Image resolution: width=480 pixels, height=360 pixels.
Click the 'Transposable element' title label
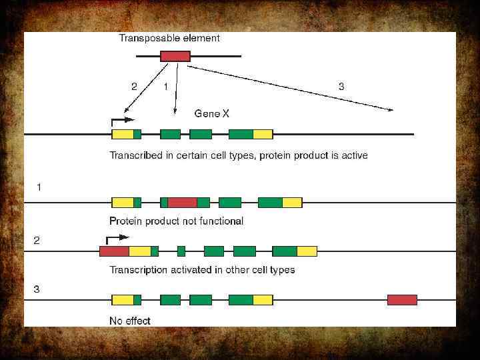coord(169,38)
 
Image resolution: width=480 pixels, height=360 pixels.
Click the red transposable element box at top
coord(175,56)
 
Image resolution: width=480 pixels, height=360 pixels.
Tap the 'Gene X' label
coord(211,114)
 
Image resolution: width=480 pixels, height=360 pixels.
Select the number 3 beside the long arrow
coord(341,86)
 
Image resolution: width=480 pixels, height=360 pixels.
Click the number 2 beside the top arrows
coord(134,86)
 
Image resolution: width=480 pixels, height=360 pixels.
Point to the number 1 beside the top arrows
coord(165,86)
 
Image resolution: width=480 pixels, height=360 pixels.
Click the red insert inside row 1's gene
coord(182,203)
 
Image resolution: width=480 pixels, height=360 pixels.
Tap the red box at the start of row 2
coord(114,251)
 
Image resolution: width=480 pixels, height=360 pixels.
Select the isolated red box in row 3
coord(402,300)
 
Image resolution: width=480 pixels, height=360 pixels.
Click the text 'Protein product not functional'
coord(176,221)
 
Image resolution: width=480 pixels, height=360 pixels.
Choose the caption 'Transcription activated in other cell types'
coord(202,270)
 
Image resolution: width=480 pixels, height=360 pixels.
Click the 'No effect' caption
coord(130,321)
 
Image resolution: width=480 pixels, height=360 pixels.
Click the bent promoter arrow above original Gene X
coord(122,121)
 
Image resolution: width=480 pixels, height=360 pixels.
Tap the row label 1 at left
coord(39,187)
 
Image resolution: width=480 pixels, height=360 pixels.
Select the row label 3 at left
coord(37,289)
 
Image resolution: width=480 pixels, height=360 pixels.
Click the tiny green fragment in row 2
coord(181,251)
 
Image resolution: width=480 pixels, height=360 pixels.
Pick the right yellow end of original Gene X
coord(262,134)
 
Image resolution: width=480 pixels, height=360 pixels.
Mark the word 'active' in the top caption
coord(353,155)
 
